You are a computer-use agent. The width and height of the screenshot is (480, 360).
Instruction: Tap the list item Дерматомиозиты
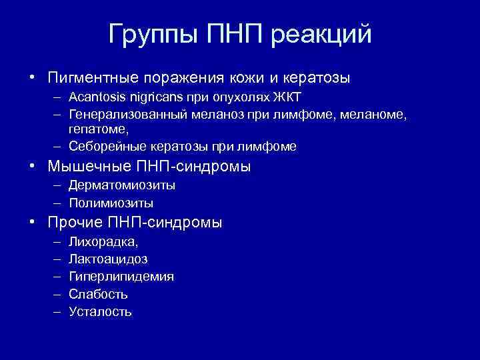117,186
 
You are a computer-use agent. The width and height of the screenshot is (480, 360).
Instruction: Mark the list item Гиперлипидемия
121,276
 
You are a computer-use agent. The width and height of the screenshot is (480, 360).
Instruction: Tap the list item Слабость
98,293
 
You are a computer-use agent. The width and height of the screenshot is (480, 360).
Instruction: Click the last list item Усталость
100,311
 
